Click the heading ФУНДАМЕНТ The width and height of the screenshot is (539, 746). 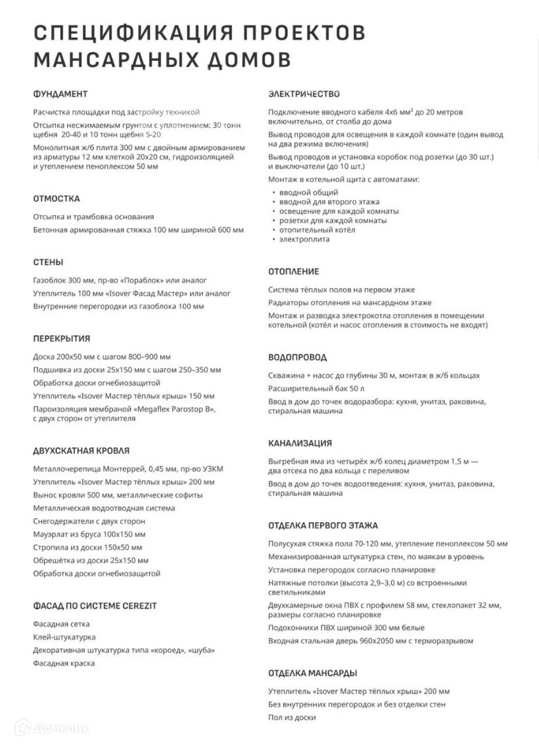(x=61, y=94)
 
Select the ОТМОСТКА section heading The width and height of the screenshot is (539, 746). (x=57, y=199)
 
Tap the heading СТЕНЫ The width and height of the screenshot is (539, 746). (x=48, y=262)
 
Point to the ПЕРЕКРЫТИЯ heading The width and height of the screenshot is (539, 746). (x=61, y=339)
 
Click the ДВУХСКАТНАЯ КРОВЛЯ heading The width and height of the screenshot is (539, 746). (x=81, y=451)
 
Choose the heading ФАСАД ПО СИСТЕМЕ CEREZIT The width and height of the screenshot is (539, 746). (x=95, y=606)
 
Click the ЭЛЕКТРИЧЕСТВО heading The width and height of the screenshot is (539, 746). (x=304, y=94)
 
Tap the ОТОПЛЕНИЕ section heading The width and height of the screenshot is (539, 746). (x=293, y=271)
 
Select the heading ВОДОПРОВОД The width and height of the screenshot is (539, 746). (x=297, y=358)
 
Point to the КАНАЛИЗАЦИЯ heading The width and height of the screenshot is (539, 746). (x=300, y=443)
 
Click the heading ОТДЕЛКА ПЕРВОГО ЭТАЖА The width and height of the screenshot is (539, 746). (x=323, y=526)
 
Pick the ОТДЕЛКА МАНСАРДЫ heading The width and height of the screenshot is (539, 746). (x=313, y=673)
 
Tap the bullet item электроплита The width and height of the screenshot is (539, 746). (x=304, y=240)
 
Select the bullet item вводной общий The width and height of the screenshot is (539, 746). (x=308, y=192)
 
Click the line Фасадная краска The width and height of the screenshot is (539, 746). (x=64, y=663)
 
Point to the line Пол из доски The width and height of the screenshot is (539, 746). (x=292, y=718)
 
